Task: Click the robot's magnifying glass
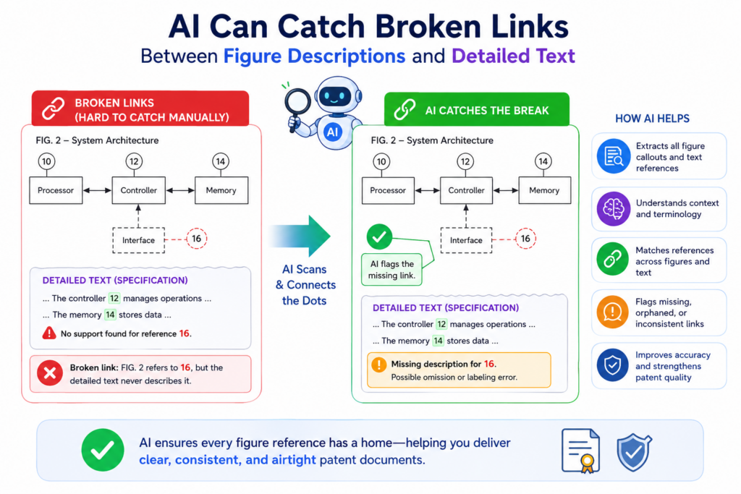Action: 297,104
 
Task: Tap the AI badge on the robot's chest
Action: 333,132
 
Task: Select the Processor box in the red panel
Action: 56,190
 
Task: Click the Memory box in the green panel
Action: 544,190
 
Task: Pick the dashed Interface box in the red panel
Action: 138,240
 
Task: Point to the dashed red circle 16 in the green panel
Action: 525,239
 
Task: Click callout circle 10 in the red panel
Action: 46,161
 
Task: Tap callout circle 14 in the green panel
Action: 543,161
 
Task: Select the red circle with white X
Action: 50,373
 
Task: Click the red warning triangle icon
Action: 49,333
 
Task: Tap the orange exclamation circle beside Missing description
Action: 378,365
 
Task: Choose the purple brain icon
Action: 613,209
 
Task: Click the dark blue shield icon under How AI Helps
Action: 613,365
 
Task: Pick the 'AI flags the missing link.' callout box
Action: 391,270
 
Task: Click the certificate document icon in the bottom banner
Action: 581,451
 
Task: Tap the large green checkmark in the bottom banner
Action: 103,450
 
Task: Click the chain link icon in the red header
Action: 53,108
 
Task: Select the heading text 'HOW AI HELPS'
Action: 652,119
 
